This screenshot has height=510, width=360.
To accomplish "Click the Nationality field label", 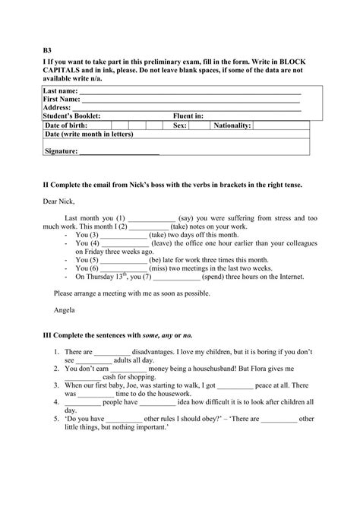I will click(232, 125).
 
